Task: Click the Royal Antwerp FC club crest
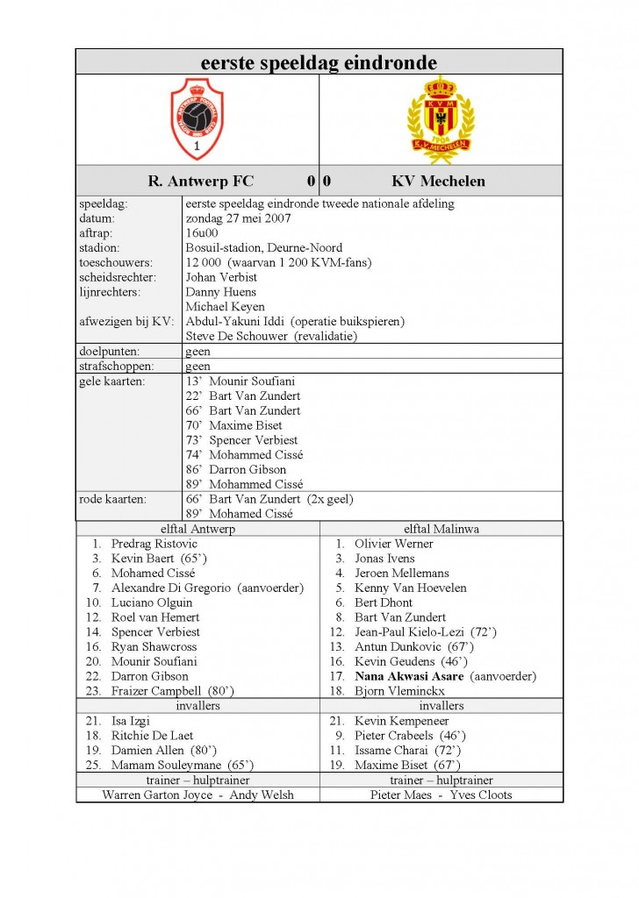197,118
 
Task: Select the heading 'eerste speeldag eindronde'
319,62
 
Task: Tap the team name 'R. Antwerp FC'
201,182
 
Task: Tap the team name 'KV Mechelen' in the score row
438,182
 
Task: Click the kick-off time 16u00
202,233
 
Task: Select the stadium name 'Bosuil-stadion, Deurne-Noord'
264,248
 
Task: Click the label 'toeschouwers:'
115,262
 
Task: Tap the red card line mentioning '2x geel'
269,499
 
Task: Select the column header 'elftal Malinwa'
442,529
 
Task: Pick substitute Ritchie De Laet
152,735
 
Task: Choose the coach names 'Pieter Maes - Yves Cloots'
442,795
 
